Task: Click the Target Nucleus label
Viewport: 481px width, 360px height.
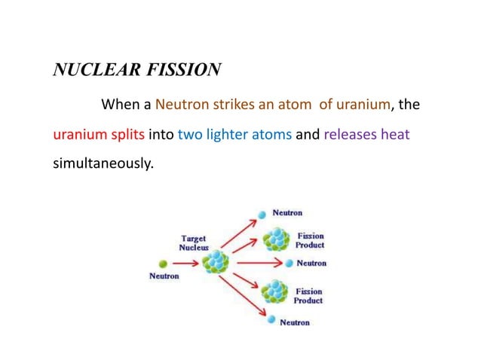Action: coord(193,243)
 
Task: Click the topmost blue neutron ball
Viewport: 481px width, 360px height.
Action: coord(262,215)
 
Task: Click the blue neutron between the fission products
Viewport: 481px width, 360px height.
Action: coord(290,264)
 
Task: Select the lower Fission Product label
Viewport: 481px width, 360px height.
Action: coord(308,296)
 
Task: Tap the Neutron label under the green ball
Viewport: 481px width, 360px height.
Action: coord(164,276)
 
